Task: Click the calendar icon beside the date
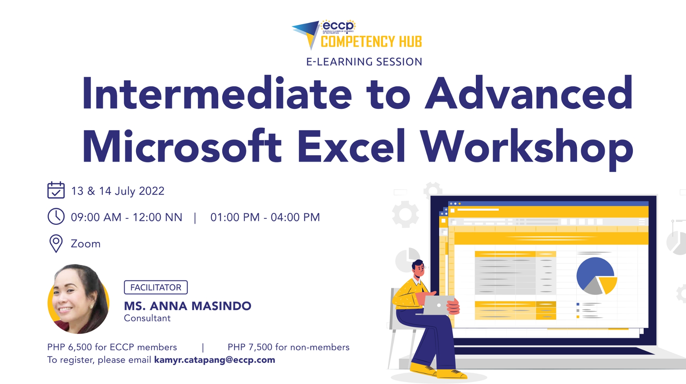click(x=56, y=190)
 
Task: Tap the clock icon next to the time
click(x=56, y=216)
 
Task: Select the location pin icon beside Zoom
click(x=56, y=244)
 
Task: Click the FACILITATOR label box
click(x=156, y=287)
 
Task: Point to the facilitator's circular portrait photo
click(x=79, y=299)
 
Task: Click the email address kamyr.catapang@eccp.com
click(x=214, y=360)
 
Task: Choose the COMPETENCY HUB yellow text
click(x=371, y=41)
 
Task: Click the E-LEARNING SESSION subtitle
click(x=364, y=62)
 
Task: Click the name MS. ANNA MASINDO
click(x=188, y=306)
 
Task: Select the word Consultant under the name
click(x=147, y=318)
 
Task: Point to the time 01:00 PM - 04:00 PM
click(x=265, y=217)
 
